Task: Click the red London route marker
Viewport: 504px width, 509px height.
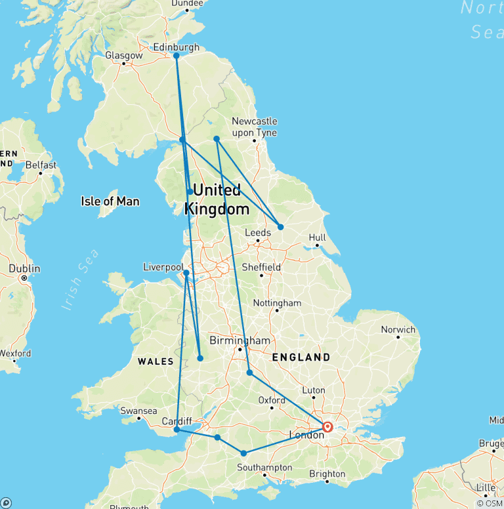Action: [x=327, y=427]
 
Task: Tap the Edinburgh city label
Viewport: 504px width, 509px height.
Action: [x=176, y=47]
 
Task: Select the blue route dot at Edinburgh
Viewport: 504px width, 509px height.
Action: [x=176, y=56]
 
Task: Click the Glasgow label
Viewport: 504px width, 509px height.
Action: [x=123, y=56]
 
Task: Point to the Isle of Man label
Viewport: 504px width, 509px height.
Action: [x=110, y=201]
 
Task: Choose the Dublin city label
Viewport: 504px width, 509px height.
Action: [x=24, y=269]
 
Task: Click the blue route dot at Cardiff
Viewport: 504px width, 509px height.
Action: [x=177, y=430]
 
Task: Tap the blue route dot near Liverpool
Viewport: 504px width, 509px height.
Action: [x=186, y=273]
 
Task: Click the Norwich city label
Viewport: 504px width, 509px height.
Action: [x=398, y=329]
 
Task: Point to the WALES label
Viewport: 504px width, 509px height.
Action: [x=156, y=361]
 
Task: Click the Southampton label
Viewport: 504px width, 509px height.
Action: [x=264, y=468]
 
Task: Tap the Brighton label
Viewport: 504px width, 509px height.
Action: [x=327, y=474]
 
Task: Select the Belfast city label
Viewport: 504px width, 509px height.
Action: [x=41, y=165]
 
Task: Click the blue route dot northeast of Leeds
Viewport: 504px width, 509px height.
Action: [x=281, y=227]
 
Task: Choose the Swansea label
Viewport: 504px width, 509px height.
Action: [x=138, y=411]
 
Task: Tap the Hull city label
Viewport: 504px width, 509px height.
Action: [x=318, y=237]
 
